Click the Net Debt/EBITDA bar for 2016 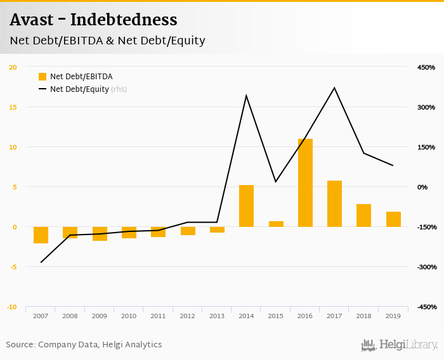(305, 183)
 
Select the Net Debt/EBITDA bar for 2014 (246, 205)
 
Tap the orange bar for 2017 (334, 203)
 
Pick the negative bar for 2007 (41, 235)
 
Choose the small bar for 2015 (276, 224)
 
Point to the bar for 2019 (393, 219)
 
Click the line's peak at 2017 (334, 87)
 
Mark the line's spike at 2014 (246, 96)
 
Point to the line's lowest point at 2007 (41, 262)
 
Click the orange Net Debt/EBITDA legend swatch (42, 77)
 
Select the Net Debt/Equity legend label (79, 89)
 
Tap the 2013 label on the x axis (217, 316)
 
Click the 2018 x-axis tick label (364, 316)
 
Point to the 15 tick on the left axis (13, 107)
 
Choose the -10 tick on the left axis (12, 307)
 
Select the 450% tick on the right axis (426, 67)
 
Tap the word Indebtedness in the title (124, 20)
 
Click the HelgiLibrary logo (400, 345)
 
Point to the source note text (84, 345)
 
